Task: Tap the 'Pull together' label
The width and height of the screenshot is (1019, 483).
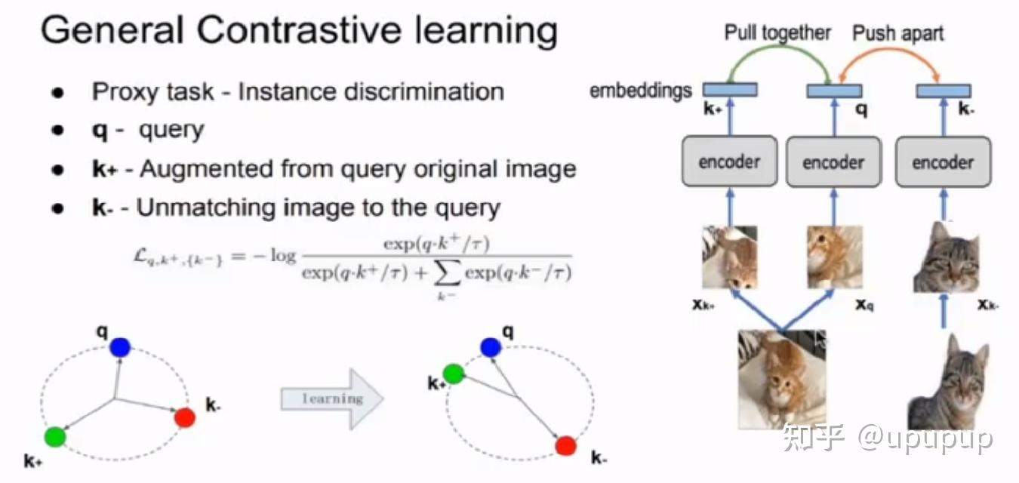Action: pyautogui.click(x=777, y=33)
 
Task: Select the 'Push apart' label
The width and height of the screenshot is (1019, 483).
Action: pyautogui.click(x=898, y=33)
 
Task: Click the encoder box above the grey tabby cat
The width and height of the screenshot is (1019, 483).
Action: pyautogui.click(x=943, y=162)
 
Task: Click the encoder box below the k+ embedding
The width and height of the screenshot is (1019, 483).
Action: pyautogui.click(x=730, y=162)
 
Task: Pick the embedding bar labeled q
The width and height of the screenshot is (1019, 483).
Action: pyautogui.click(x=834, y=91)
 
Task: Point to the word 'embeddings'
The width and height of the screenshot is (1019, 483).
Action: pyautogui.click(x=641, y=91)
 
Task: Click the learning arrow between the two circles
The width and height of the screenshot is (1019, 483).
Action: pyautogui.click(x=332, y=398)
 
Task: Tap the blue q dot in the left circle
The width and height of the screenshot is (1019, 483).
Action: pyautogui.click(x=119, y=347)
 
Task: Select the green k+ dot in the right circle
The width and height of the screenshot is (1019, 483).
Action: pyautogui.click(x=454, y=373)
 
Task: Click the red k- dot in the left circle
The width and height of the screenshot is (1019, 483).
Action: pyautogui.click(x=185, y=417)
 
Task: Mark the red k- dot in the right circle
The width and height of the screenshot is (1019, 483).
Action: pyautogui.click(x=566, y=445)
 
